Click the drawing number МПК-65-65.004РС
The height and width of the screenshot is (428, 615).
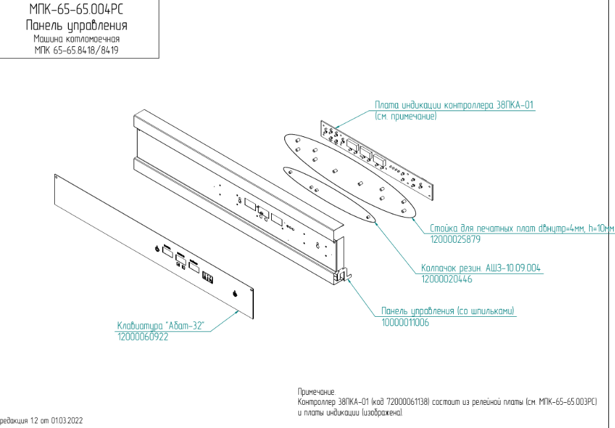pos(77,9)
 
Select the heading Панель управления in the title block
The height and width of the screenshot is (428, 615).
pos(77,26)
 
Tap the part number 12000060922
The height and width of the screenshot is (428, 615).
pos(142,337)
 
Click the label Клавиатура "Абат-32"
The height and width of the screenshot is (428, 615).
pos(161,325)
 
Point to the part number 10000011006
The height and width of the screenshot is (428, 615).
pos(405,322)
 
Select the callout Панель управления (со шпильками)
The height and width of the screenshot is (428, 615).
pos(448,311)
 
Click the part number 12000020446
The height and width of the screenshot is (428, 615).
pos(446,280)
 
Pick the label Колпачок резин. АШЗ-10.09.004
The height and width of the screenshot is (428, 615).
pos(481,269)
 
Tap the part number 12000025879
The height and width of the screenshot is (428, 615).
pos(455,239)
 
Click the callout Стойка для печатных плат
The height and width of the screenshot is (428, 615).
pos(522,228)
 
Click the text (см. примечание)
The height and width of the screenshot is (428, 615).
pos(405,116)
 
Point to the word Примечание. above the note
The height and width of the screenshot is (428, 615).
pos(317,392)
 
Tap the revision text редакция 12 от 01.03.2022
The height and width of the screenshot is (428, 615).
pos(41,421)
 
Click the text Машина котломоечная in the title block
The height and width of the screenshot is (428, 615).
pos(77,39)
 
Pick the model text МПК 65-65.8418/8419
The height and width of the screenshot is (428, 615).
pos(77,50)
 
